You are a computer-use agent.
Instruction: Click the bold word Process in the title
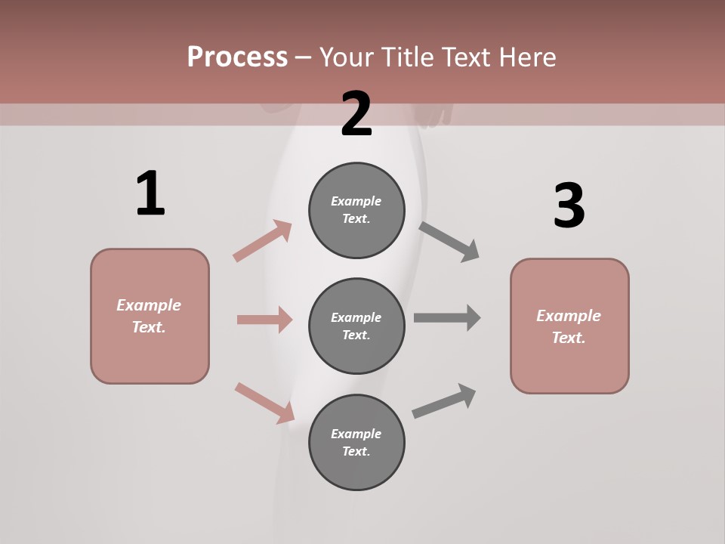pos(237,57)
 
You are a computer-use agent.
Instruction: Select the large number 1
pos(150,194)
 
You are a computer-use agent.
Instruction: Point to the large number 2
pos(356,114)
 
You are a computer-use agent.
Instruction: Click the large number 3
pos(569,206)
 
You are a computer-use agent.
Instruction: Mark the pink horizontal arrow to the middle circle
pos(264,320)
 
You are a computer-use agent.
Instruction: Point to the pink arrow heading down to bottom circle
pos(264,403)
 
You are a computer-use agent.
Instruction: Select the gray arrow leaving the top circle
pos(449,242)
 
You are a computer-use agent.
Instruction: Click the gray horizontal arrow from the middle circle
pos(446,317)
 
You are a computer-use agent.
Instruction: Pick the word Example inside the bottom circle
pos(356,434)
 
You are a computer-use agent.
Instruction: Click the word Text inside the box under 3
pos(568,338)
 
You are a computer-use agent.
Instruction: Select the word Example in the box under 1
pos(149,305)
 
